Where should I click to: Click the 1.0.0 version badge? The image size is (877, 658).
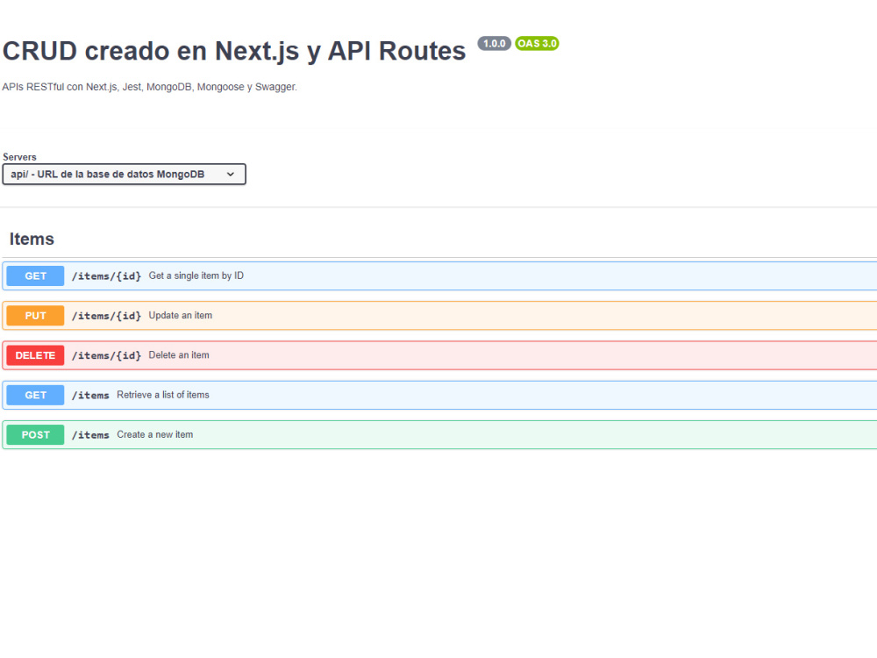click(494, 44)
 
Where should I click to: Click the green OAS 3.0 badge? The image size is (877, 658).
click(537, 44)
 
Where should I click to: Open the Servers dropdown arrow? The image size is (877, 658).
click(231, 175)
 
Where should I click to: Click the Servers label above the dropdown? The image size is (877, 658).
click(19, 157)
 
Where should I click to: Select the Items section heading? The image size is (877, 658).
click(32, 239)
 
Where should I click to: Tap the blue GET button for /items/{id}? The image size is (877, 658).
click(35, 275)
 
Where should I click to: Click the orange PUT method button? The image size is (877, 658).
click(35, 316)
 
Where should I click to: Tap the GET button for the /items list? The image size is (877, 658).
click(35, 395)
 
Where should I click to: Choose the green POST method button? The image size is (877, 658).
click(35, 435)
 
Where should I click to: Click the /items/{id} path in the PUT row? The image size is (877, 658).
click(106, 316)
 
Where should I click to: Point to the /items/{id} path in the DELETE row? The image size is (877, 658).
click(106, 356)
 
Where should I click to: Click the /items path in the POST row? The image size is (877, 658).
click(90, 435)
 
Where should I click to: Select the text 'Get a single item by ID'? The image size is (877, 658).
click(196, 275)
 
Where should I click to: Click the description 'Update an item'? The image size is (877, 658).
click(181, 316)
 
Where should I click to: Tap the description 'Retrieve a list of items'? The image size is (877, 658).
click(163, 395)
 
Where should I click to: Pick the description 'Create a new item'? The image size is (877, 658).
click(155, 435)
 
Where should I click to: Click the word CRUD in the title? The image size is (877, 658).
click(39, 51)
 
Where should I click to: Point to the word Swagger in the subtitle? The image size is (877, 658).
click(275, 87)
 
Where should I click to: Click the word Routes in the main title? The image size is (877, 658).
click(423, 51)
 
